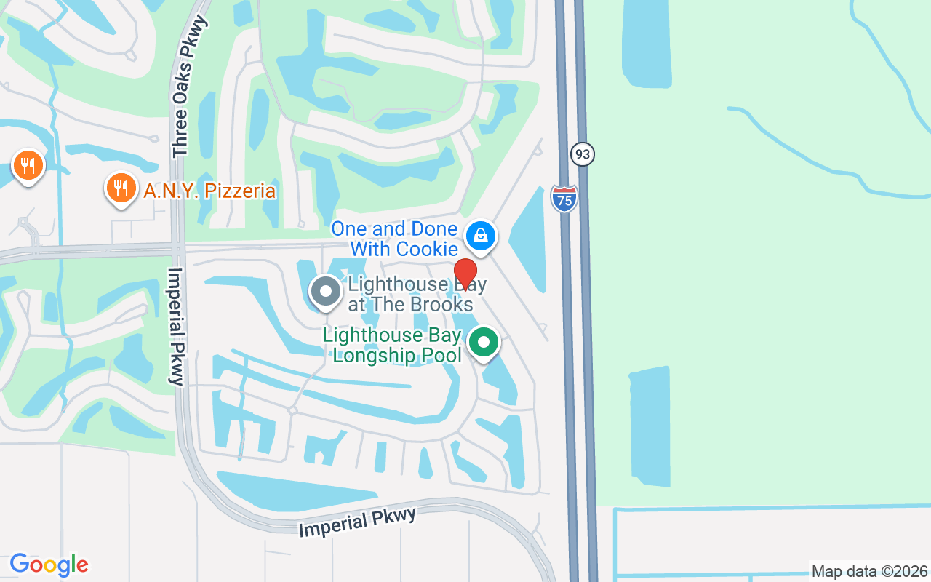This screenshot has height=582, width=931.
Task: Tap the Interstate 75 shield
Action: (564, 199)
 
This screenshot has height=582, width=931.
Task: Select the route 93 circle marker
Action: (582, 154)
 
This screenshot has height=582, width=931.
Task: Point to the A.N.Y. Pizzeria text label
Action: (209, 191)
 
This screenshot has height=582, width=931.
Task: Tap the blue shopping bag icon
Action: (480, 236)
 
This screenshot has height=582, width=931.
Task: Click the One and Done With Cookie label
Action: (395, 239)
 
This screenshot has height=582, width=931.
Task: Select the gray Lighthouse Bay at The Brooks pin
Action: (325, 292)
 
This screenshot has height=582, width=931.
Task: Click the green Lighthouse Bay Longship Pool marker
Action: (483, 342)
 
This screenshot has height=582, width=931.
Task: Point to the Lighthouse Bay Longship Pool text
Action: (393, 345)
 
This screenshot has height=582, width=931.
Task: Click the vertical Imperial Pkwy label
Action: (176, 326)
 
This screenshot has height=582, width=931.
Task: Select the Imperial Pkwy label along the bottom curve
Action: (357, 522)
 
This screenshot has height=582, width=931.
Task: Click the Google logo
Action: (49, 565)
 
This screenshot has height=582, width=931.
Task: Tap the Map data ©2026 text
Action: (869, 571)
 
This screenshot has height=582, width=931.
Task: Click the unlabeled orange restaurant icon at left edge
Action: (28, 165)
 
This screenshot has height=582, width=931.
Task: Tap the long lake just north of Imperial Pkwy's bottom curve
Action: (291, 492)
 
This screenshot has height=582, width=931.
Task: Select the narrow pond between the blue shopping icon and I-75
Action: (529, 240)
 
